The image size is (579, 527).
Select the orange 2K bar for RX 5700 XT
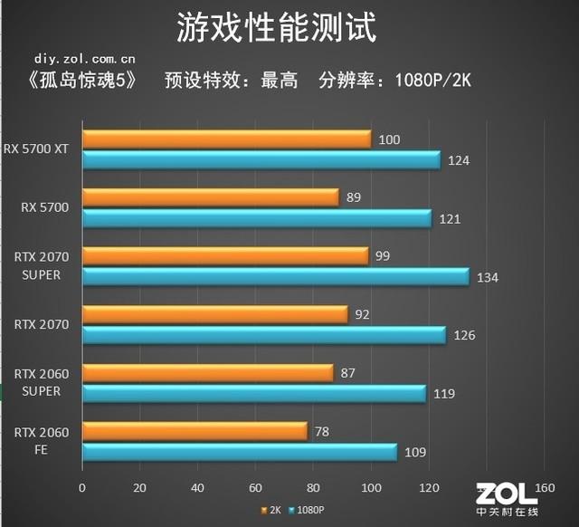pos(226,139)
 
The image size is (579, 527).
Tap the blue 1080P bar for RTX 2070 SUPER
pos(276,277)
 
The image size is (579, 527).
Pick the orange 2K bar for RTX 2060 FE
pos(195,431)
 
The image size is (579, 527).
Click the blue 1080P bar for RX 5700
pos(257,218)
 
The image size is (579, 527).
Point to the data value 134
pos(487,277)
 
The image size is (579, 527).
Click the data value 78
pos(320,431)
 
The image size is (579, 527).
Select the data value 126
pos(463,335)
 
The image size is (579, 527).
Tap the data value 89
pos(353,197)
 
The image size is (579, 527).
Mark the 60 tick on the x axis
pos(255,488)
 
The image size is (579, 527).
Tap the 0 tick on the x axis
pos(82,488)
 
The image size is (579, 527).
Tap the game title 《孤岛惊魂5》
pos(80,80)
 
